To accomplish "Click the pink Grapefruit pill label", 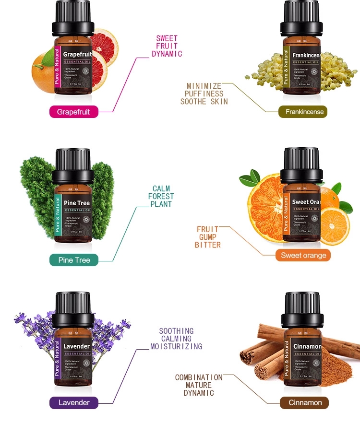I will click(74, 112).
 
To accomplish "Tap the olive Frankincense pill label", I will click(303, 112).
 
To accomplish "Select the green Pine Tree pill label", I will click(74, 260).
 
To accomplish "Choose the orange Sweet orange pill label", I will click(303, 255).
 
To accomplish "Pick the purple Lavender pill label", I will click(74, 403).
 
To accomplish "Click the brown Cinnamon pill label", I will click(304, 403).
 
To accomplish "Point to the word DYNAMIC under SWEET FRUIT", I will click(167, 54).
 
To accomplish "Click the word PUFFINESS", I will click(204, 94).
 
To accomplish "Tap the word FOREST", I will click(161, 197).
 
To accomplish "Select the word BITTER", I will click(208, 245).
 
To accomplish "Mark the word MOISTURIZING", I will click(176, 346).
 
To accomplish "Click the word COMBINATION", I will click(199, 377).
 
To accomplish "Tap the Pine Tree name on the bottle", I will click(77, 203).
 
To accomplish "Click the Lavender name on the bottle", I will click(77, 346).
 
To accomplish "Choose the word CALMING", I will click(176, 339).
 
